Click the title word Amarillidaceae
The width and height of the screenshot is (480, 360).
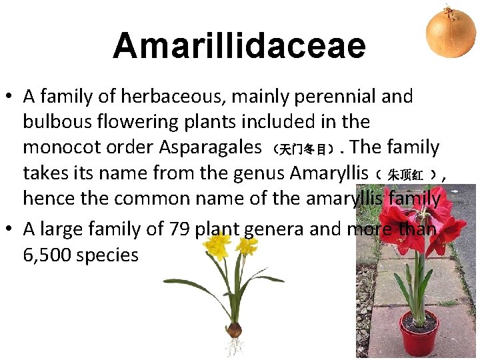(x=239, y=45)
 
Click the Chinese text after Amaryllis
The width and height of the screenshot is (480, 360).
(x=407, y=175)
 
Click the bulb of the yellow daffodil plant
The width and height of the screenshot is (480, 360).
(x=233, y=329)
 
